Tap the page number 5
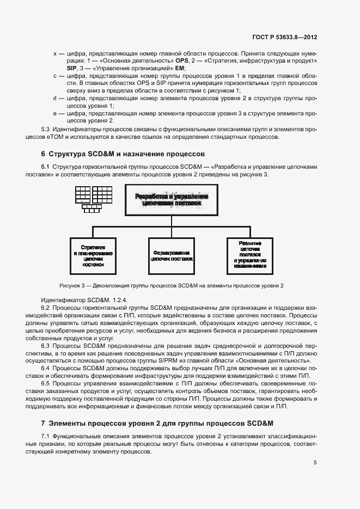315,463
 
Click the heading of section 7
157,423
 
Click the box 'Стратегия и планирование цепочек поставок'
93,256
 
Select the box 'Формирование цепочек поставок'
171,256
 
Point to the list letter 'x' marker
54,54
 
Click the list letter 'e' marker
54,113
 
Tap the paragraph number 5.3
46,130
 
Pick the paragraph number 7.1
46,437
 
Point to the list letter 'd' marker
54,99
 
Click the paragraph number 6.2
46,308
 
